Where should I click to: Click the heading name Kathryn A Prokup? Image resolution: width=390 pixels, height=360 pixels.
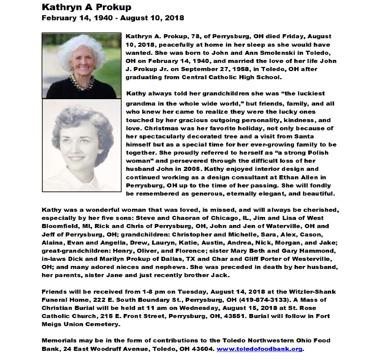(86, 7)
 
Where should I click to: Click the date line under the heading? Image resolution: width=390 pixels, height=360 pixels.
(113, 18)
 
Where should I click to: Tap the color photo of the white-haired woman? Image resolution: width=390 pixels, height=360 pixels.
(81, 65)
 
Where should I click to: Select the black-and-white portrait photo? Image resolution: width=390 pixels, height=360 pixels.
(81, 145)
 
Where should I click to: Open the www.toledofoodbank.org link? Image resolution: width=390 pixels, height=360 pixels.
(259, 349)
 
